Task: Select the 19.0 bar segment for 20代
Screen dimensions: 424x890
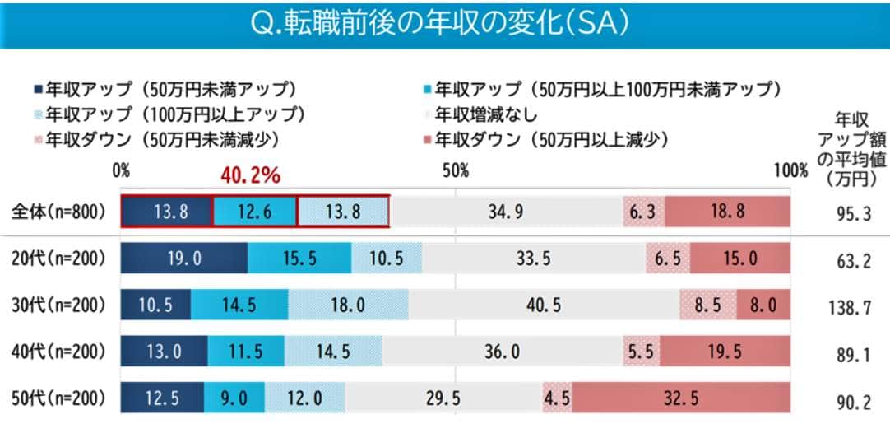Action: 184,258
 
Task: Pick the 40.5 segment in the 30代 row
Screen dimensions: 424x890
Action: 545,305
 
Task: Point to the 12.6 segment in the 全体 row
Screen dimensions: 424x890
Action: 254,212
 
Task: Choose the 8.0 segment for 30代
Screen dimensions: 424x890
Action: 763,305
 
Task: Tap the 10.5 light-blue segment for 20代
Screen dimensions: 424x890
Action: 387,258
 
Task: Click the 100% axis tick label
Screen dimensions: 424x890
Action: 790,170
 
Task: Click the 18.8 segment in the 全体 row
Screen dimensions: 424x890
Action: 728,212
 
